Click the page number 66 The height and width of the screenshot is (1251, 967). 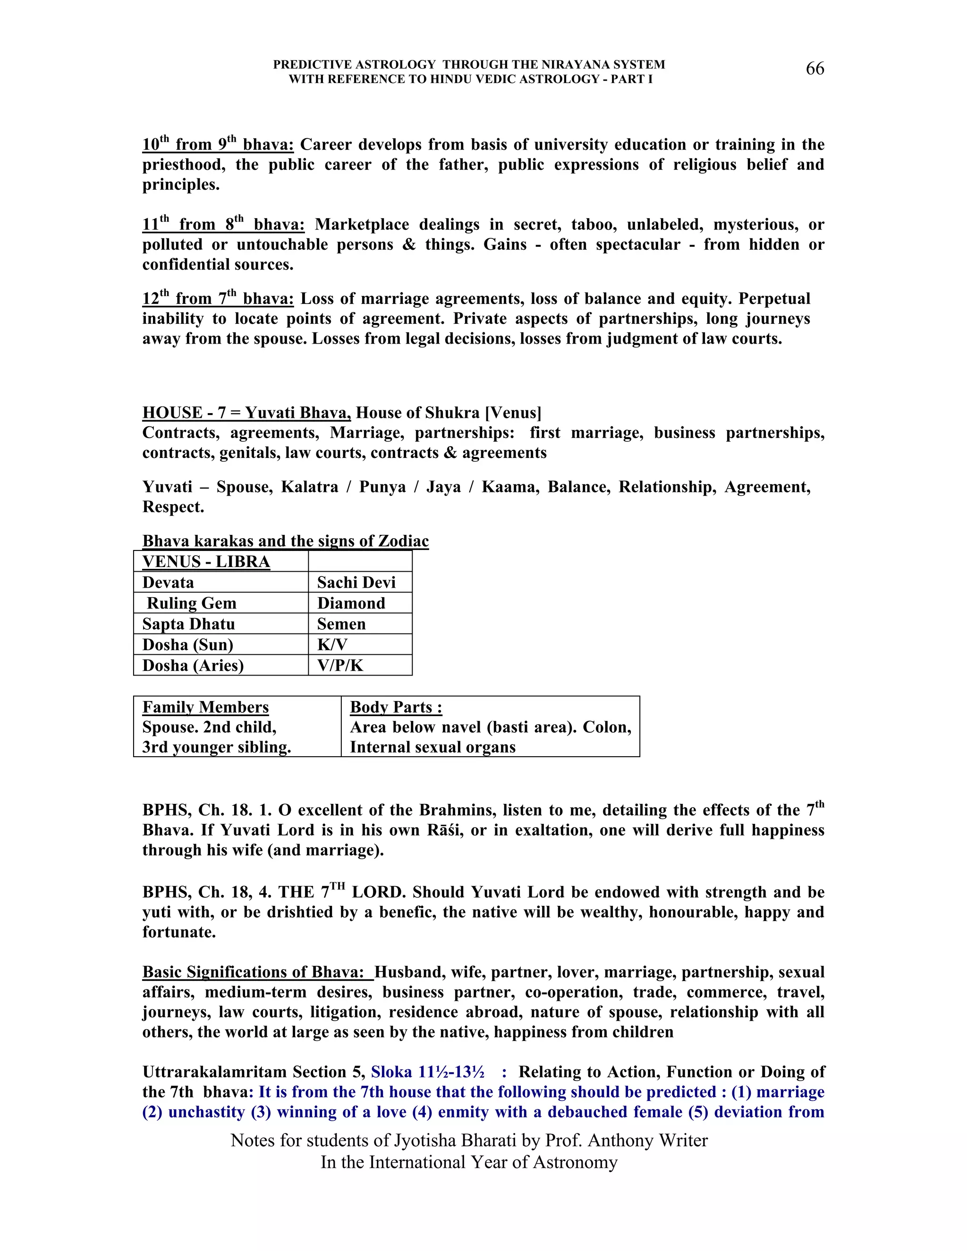click(x=814, y=69)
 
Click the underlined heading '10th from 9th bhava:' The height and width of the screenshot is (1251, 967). click(x=218, y=144)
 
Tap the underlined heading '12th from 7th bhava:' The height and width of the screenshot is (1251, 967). click(x=218, y=298)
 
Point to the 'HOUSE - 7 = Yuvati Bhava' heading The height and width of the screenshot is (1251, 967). click(x=246, y=413)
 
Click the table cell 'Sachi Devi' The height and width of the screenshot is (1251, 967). click(x=356, y=583)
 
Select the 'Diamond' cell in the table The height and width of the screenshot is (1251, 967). click(x=351, y=603)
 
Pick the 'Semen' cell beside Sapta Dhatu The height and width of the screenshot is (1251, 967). click(x=341, y=624)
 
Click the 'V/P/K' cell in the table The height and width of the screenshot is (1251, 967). click(x=340, y=665)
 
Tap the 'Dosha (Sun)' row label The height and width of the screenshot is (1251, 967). click(x=188, y=644)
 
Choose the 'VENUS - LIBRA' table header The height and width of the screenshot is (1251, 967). click(x=206, y=561)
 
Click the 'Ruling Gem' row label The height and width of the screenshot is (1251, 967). click(x=191, y=603)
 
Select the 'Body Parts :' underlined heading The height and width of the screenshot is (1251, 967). click(x=396, y=707)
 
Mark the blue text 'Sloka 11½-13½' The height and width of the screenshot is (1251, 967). click(x=427, y=1072)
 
